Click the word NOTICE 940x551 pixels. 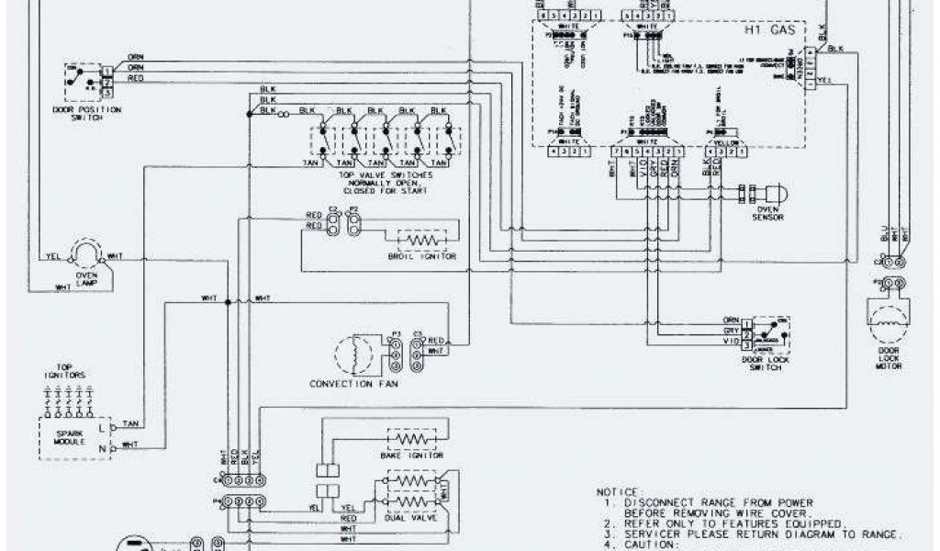[x=621, y=491]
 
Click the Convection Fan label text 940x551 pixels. [x=352, y=383]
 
